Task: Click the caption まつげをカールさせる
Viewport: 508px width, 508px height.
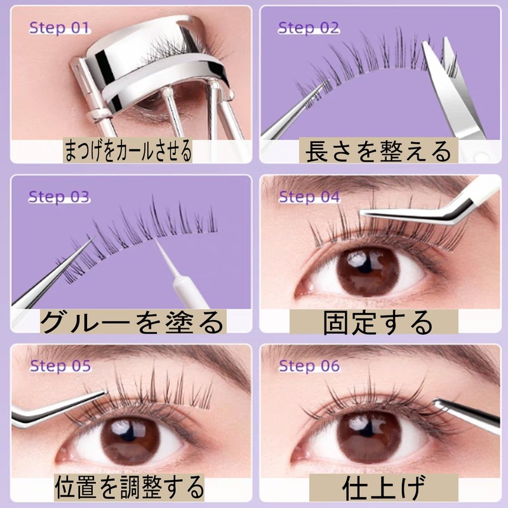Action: [x=128, y=150]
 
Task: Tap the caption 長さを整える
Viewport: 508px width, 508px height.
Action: [x=378, y=151]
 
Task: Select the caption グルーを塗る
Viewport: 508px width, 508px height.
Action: [x=132, y=322]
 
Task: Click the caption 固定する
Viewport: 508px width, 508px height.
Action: [x=378, y=322]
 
